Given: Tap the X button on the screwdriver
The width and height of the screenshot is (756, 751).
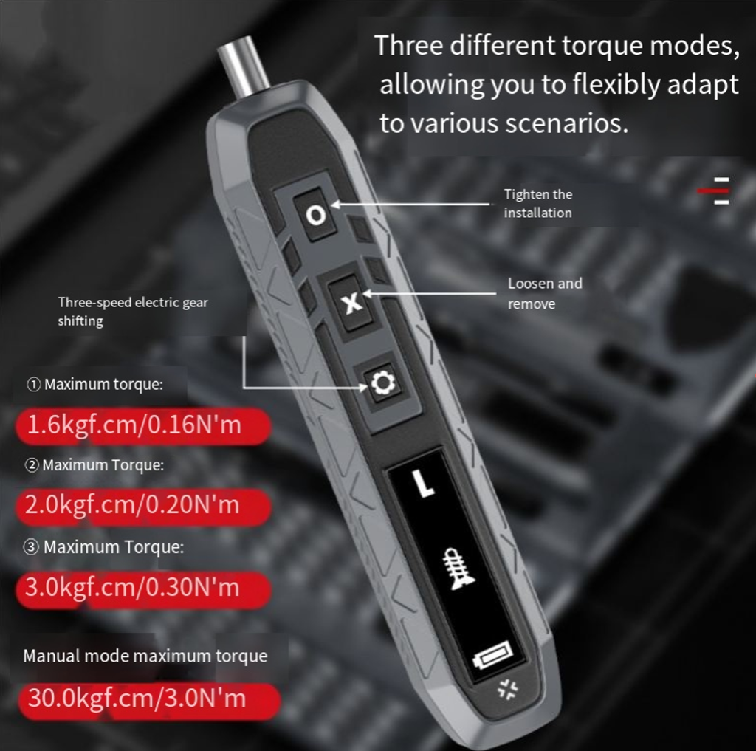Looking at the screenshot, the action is pos(351,303).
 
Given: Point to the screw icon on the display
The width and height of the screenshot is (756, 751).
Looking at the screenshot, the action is pos(458,569).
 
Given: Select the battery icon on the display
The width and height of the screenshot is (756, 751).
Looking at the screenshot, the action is pos(492,654).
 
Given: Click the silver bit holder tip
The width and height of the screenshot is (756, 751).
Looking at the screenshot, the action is pos(244,66).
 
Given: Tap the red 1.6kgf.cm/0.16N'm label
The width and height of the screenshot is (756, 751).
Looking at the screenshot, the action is pos(143,426).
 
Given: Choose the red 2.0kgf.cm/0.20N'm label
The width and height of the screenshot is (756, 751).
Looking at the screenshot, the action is pos(143,506).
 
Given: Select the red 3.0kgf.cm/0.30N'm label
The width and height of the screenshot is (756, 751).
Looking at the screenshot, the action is pos(143,589).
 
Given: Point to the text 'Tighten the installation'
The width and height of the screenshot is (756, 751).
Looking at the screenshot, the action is pos(537,204).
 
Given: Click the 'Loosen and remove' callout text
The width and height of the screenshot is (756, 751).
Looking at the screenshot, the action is pos(544,293).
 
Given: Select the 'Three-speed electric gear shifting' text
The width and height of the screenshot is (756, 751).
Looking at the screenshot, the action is pos(133,312).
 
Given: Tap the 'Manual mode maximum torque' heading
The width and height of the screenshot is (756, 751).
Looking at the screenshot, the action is pos(145,656).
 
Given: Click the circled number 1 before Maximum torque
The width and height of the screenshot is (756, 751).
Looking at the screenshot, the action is pos(33,385).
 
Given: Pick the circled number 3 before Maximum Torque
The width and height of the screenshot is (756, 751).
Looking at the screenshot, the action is pos(31,547).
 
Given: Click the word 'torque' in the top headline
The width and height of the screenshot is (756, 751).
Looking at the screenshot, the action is pos(601,47).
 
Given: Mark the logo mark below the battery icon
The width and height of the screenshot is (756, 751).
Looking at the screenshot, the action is pos(507,689).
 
